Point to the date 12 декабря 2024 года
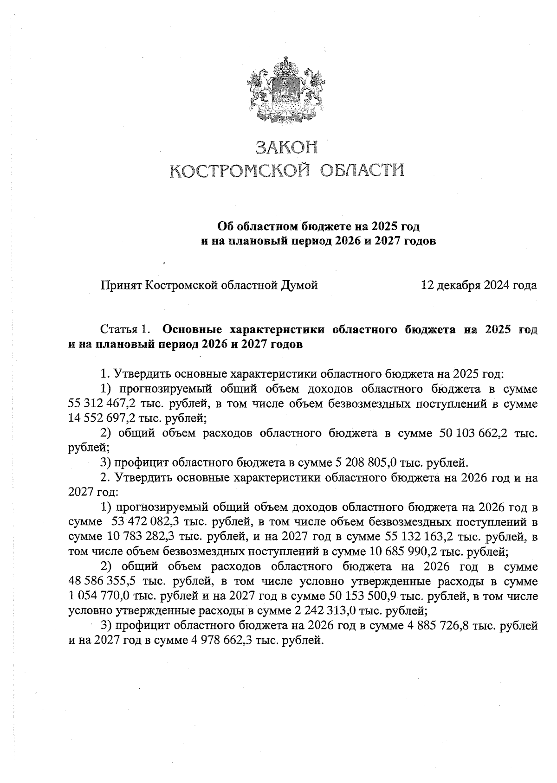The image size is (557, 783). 479,285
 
